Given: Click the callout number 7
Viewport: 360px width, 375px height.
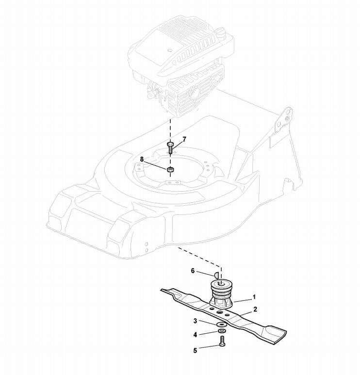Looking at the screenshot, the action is click(184, 139).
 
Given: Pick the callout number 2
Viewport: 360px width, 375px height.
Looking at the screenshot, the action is click(255, 309).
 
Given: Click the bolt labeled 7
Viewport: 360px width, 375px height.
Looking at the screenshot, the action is click(170, 147).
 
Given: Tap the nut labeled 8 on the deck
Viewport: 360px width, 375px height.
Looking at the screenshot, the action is click(170, 170).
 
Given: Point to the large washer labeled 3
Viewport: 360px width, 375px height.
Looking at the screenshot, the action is click(221, 324).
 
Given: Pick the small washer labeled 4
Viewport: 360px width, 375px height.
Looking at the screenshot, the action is click(221, 332).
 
